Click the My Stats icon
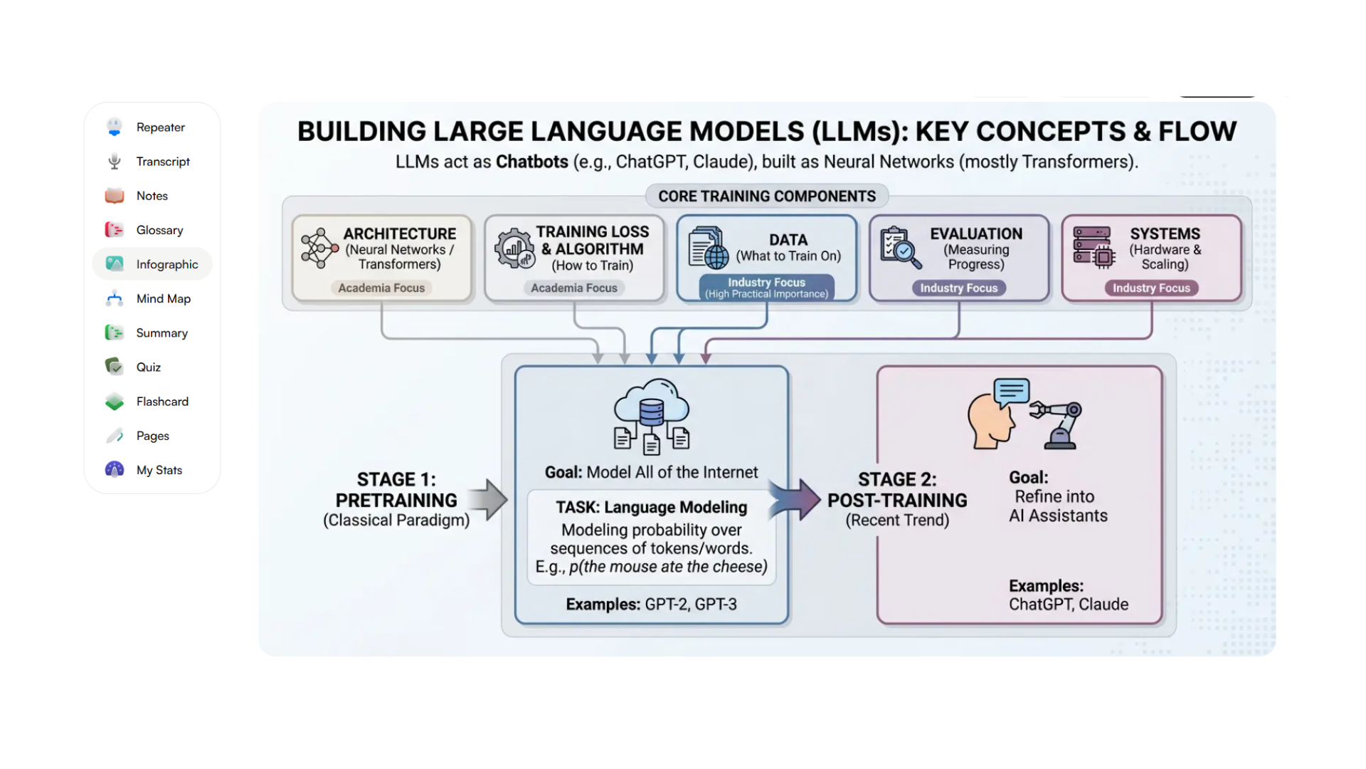[115, 470]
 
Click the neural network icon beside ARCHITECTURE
[319, 249]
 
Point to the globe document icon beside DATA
[708, 248]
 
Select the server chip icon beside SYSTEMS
[1093, 248]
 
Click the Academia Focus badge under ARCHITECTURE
[381, 288]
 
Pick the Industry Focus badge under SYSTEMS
[1151, 288]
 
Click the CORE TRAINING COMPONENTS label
[766, 197]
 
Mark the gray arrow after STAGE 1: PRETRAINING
[489, 499]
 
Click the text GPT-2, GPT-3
[690, 605]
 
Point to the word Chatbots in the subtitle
[531, 162]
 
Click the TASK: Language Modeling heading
[651, 508]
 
